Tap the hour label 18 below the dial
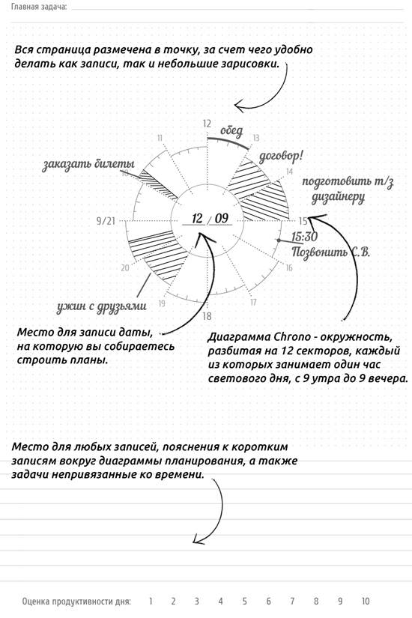coord(207,315)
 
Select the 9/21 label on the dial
coord(106,220)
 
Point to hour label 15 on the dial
coord(303,221)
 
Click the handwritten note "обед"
coord(231,133)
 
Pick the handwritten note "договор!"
coord(281,157)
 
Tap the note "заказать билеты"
coord(88,165)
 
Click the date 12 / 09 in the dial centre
coord(210,219)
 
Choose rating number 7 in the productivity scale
coord(292,601)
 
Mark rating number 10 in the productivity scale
coord(366,601)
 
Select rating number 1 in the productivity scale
coord(150,601)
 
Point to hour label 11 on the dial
coord(159,138)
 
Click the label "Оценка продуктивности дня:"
coord(76,601)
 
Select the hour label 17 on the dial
coord(254,302)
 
